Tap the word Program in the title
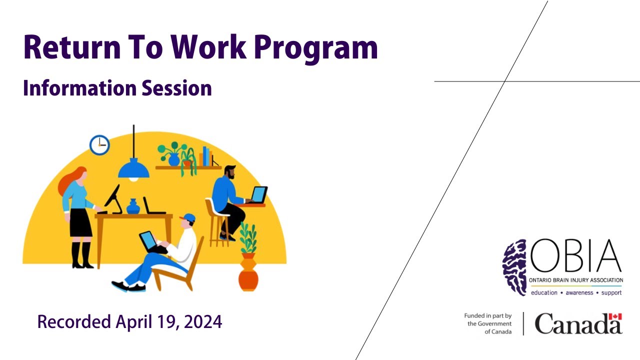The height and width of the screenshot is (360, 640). click(x=316, y=49)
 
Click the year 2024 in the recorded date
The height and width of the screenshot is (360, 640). click(x=203, y=321)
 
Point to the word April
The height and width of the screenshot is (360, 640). click(x=133, y=322)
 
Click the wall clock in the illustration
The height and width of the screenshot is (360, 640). click(x=99, y=145)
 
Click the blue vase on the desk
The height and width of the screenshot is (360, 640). click(x=133, y=206)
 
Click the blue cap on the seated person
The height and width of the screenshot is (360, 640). click(x=189, y=218)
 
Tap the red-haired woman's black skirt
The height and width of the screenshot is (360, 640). click(x=80, y=222)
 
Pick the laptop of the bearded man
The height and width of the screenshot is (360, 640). click(x=259, y=195)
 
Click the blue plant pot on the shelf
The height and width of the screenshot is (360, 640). click(x=174, y=159)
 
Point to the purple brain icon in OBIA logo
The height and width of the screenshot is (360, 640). click(x=514, y=267)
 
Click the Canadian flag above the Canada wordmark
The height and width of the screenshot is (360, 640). click(x=615, y=316)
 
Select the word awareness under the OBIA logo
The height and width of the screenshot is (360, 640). click(x=579, y=292)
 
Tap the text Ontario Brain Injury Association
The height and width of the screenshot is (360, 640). click(x=576, y=280)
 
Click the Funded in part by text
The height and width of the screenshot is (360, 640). click(x=487, y=315)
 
